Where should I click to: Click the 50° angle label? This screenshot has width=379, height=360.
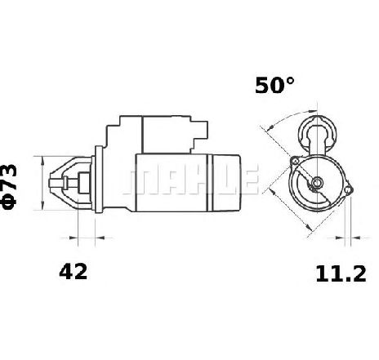[274, 85]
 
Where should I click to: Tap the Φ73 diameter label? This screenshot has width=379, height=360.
[9, 187]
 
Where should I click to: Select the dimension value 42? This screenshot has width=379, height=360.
[74, 271]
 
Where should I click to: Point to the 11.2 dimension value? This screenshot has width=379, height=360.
[341, 273]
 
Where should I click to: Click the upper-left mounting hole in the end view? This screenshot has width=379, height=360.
[295, 162]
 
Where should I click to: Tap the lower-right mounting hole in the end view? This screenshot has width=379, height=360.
[348, 190]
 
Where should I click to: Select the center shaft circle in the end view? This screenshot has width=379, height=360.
[317, 182]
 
